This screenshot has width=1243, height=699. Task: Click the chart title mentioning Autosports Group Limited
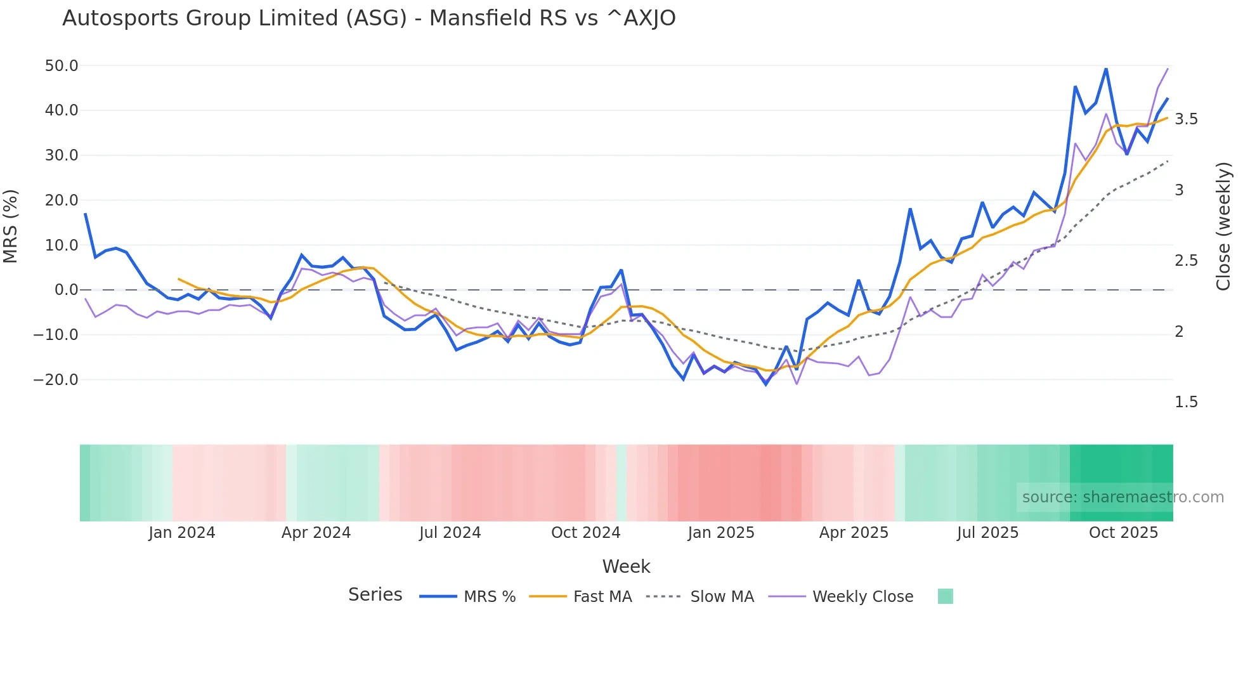(x=368, y=18)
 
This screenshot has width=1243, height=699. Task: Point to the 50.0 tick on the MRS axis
(x=62, y=66)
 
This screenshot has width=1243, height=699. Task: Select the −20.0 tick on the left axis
(x=56, y=380)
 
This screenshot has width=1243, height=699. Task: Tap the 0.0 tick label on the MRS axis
(x=66, y=290)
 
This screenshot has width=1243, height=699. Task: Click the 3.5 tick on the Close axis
(x=1186, y=119)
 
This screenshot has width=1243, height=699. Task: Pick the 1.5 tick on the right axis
(x=1186, y=402)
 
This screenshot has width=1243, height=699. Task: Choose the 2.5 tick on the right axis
(x=1186, y=261)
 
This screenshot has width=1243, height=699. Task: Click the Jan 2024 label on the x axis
(x=182, y=533)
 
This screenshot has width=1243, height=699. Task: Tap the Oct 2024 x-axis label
(x=585, y=533)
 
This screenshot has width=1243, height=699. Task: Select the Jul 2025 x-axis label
(x=987, y=533)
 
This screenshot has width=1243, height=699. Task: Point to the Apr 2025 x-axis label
(x=854, y=533)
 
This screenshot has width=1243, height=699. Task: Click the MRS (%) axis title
(x=11, y=226)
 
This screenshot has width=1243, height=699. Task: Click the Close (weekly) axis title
(x=1223, y=226)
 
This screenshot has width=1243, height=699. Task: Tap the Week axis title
(x=626, y=566)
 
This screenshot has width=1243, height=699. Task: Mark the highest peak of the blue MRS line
(x=1106, y=69)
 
